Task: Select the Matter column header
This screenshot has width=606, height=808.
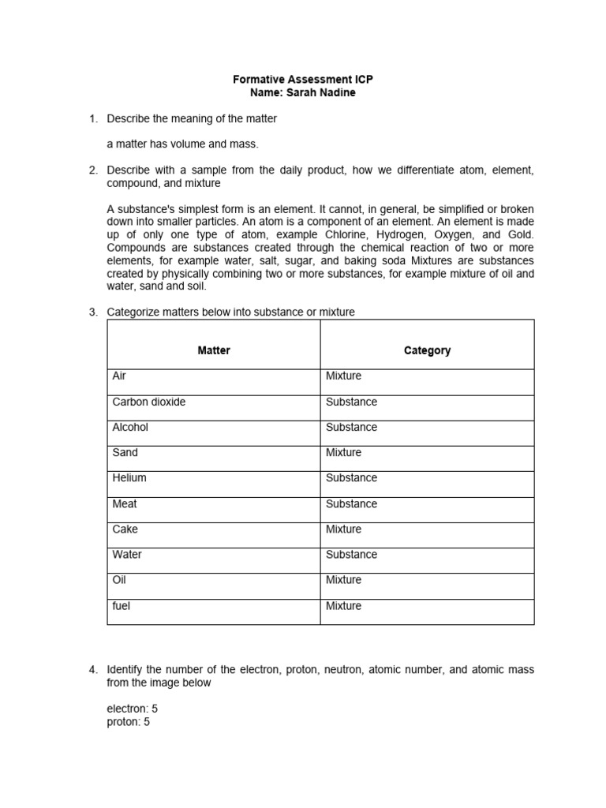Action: pyautogui.click(x=214, y=350)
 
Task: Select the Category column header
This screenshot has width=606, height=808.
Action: pyautogui.click(x=427, y=350)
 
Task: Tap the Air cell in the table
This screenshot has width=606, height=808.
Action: pyautogui.click(x=120, y=376)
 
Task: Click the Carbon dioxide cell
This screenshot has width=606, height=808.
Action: pyautogui.click(x=149, y=402)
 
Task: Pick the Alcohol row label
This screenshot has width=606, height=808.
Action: pyautogui.click(x=130, y=427)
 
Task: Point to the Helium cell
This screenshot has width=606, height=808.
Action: pyautogui.click(x=129, y=477)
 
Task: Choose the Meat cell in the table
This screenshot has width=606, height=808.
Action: pyautogui.click(x=125, y=503)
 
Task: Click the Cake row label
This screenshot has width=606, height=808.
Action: pyautogui.click(x=125, y=529)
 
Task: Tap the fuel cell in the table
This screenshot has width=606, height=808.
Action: pyautogui.click(x=122, y=605)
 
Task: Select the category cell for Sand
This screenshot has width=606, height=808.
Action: pyautogui.click(x=343, y=452)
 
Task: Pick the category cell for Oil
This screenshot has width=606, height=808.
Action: pyautogui.click(x=343, y=579)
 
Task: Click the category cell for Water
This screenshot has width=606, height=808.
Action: pyautogui.click(x=351, y=554)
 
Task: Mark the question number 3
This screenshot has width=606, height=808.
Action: pyautogui.click(x=92, y=312)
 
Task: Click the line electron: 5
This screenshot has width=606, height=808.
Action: pyautogui.click(x=132, y=709)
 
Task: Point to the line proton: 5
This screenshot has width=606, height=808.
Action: pyautogui.click(x=128, y=721)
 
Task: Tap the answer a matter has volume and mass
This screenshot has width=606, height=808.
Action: pyautogui.click(x=182, y=144)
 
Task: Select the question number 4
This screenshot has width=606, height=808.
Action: pyautogui.click(x=92, y=670)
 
